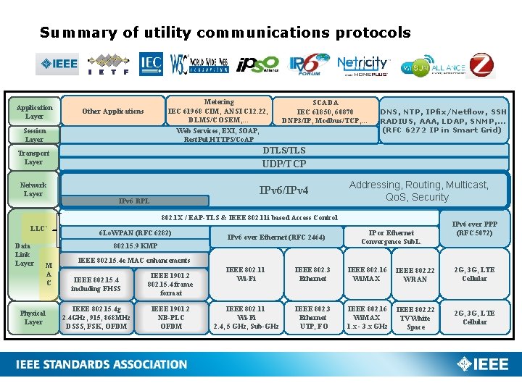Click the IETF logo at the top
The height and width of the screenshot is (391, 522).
click(108, 64)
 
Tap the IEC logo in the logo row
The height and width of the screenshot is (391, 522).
click(152, 64)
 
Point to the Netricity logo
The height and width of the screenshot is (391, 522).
click(363, 64)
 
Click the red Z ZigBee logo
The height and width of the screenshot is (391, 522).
click(481, 64)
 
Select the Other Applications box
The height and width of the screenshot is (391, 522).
click(112, 111)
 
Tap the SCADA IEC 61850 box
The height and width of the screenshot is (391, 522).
click(326, 112)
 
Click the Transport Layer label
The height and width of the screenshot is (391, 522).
click(34, 158)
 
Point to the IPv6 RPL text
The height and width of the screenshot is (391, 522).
click(134, 201)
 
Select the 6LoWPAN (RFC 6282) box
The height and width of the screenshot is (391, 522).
click(135, 232)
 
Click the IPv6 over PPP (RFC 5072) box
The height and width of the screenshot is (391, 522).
click(475, 229)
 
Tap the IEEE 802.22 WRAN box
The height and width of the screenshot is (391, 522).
click(415, 274)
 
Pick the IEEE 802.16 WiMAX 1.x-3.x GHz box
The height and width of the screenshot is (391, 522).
click(366, 317)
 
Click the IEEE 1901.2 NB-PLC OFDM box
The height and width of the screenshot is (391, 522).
click(171, 317)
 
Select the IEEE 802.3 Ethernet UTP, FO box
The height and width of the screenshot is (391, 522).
click(312, 317)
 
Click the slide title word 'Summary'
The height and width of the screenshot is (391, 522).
click(72, 33)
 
